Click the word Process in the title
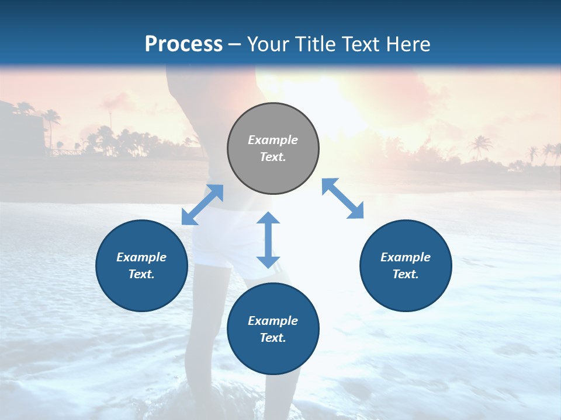[x=183, y=44]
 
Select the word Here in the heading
[x=408, y=44]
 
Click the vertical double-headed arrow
[x=268, y=240]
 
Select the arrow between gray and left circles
[x=202, y=205]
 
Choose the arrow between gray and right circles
[x=343, y=198]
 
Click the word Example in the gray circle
[x=273, y=140]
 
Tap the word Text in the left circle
[x=141, y=274]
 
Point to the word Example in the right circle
[x=406, y=257]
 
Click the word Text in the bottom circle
[x=273, y=338]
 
